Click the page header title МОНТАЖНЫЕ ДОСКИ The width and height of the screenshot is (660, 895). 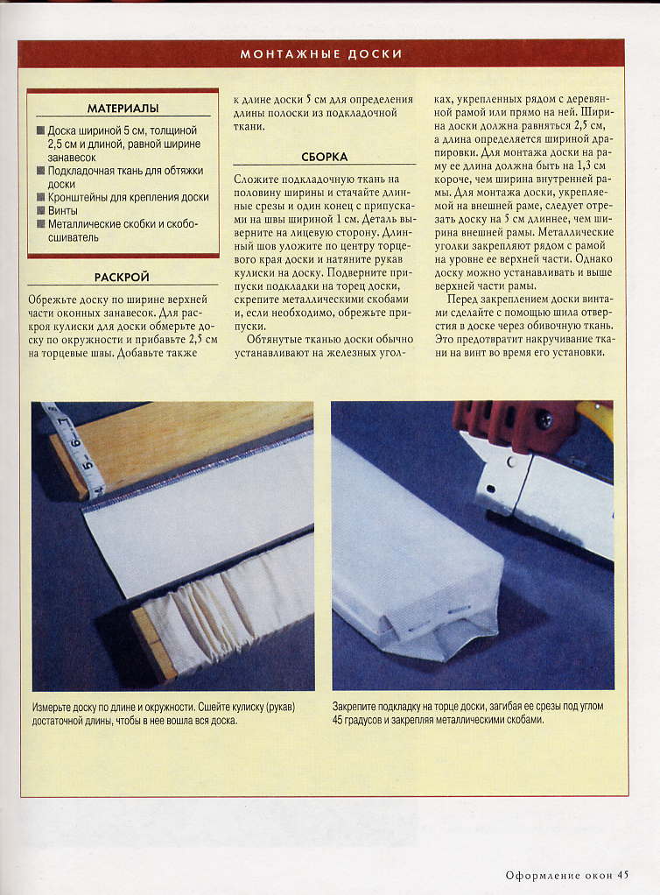(x=321, y=54)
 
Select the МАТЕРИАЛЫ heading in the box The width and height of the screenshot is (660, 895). (x=123, y=108)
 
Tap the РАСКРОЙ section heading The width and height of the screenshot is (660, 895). (x=122, y=277)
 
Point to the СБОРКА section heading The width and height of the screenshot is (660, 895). (x=324, y=157)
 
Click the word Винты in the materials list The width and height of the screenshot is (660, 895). (x=63, y=211)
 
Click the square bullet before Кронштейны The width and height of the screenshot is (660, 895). (x=40, y=197)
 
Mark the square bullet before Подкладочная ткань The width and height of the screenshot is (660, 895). (x=40, y=170)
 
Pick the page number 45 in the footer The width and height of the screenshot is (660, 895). (x=622, y=875)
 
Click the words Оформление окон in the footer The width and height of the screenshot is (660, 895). (x=559, y=875)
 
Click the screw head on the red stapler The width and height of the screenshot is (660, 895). (x=544, y=420)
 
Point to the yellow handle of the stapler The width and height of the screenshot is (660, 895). (x=597, y=416)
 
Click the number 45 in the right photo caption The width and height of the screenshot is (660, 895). (x=337, y=720)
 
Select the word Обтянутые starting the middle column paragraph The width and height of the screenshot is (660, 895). (x=274, y=340)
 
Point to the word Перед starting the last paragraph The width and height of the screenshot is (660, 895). (x=462, y=300)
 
